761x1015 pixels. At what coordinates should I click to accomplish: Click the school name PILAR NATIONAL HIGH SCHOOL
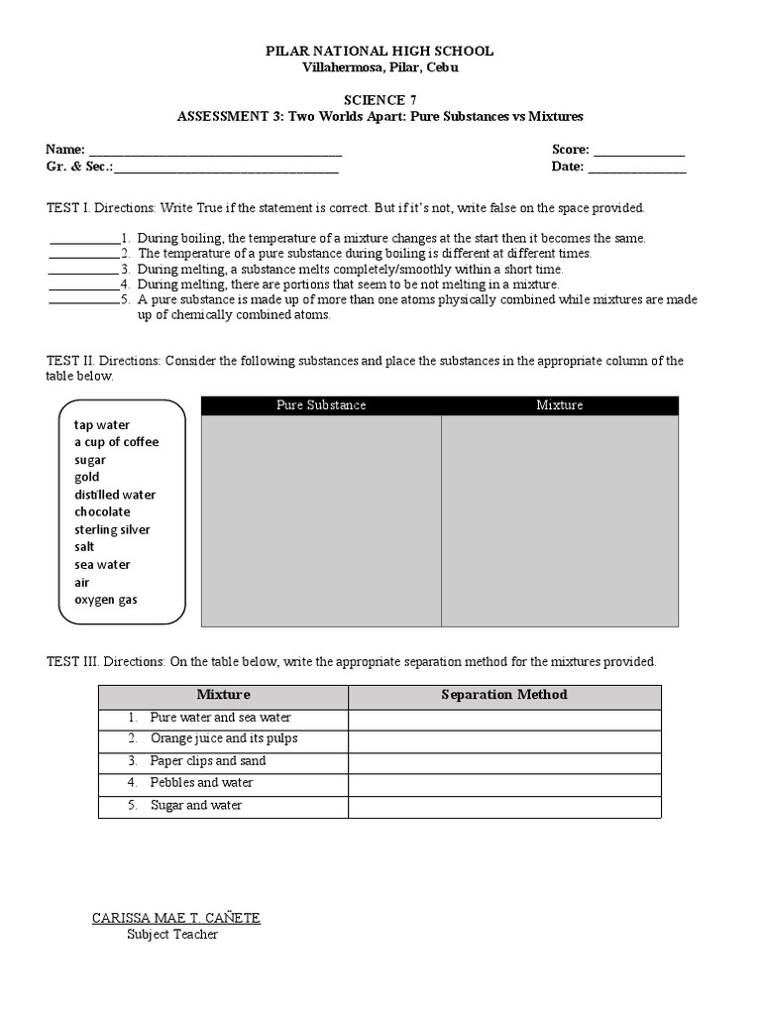[x=380, y=51]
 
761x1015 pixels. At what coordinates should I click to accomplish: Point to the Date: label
[x=568, y=167]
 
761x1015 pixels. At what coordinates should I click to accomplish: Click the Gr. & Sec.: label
[x=79, y=167]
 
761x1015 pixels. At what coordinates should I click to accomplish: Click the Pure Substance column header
[x=321, y=405]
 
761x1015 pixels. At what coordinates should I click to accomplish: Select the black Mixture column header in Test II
[x=560, y=405]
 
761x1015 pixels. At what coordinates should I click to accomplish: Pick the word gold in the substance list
[x=87, y=477]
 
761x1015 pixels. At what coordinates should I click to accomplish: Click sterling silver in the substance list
[x=112, y=529]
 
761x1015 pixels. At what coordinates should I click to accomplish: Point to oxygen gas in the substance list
[x=106, y=600]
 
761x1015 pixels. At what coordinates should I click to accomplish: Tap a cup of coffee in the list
[x=116, y=442]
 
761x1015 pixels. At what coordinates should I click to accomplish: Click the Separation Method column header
[x=504, y=695]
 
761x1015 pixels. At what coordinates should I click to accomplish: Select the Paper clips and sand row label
[x=208, y=761]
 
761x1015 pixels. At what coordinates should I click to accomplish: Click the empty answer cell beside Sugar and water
[x=504, y=806]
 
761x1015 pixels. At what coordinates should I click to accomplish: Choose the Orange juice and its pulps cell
[x=223, y=739]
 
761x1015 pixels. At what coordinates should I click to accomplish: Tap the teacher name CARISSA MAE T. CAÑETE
[x=176, y=918]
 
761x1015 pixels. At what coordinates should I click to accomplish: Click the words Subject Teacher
[x=172, y=934]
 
